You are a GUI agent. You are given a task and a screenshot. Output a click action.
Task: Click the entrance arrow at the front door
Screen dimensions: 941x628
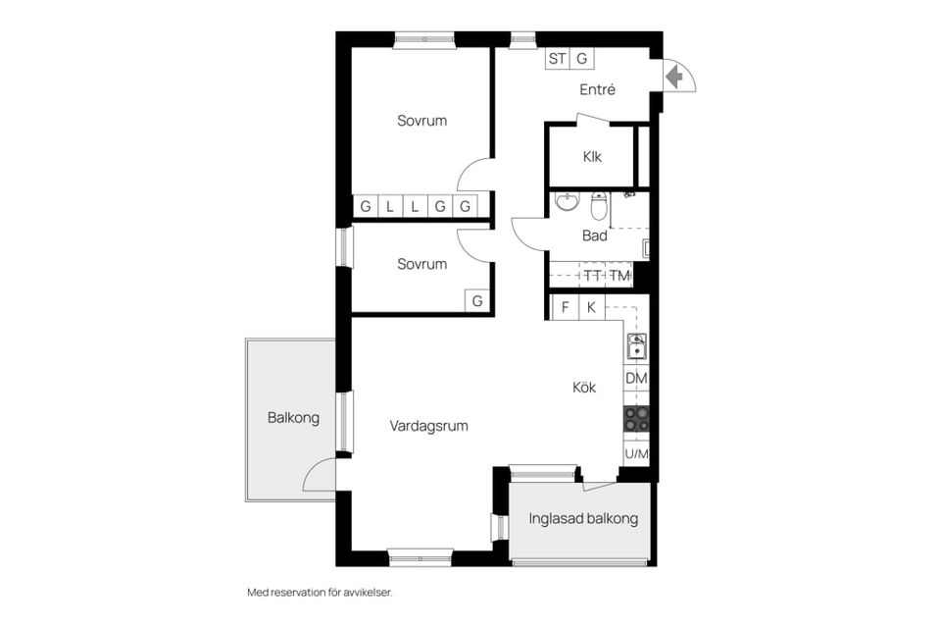coord(674,77)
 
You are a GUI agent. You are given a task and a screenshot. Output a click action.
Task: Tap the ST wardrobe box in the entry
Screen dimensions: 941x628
coord(557,58)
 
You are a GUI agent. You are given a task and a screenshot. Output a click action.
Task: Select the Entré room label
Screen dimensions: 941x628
coord(597,89)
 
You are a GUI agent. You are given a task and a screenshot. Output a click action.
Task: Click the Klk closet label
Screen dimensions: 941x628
coord(592,157)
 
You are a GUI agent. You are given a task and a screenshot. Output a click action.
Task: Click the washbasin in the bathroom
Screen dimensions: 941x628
coord(568,201)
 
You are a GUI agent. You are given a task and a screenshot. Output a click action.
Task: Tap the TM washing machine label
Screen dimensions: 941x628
coord(619,276)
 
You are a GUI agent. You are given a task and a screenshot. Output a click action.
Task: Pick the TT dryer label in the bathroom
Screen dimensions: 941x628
coord(592,276)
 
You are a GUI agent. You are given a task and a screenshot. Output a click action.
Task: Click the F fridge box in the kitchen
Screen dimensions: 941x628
coord(565,308)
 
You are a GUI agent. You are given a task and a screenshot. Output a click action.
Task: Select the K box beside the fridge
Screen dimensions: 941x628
coord(592,308)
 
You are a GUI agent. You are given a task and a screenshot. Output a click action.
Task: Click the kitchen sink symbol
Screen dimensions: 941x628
coord(636,346)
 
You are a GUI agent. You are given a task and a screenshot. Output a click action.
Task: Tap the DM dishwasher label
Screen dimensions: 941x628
coord(636,378)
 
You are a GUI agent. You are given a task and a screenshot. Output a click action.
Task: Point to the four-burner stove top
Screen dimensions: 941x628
coord(636,419)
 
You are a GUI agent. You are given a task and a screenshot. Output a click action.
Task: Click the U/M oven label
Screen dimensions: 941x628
coord(636,453)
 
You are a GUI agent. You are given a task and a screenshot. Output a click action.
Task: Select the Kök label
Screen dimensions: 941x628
coord(584,388)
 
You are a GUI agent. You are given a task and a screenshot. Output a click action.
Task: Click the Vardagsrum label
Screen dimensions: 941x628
coord(428,426)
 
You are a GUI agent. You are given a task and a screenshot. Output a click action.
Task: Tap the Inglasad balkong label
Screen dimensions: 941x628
coord(583,518)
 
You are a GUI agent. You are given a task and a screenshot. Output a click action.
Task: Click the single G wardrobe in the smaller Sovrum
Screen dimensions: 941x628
coord(477,300)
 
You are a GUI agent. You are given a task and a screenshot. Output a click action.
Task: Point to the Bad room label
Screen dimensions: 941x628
coord(595,235)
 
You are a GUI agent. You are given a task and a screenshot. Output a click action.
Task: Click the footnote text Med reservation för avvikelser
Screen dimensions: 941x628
coord(320,593)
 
